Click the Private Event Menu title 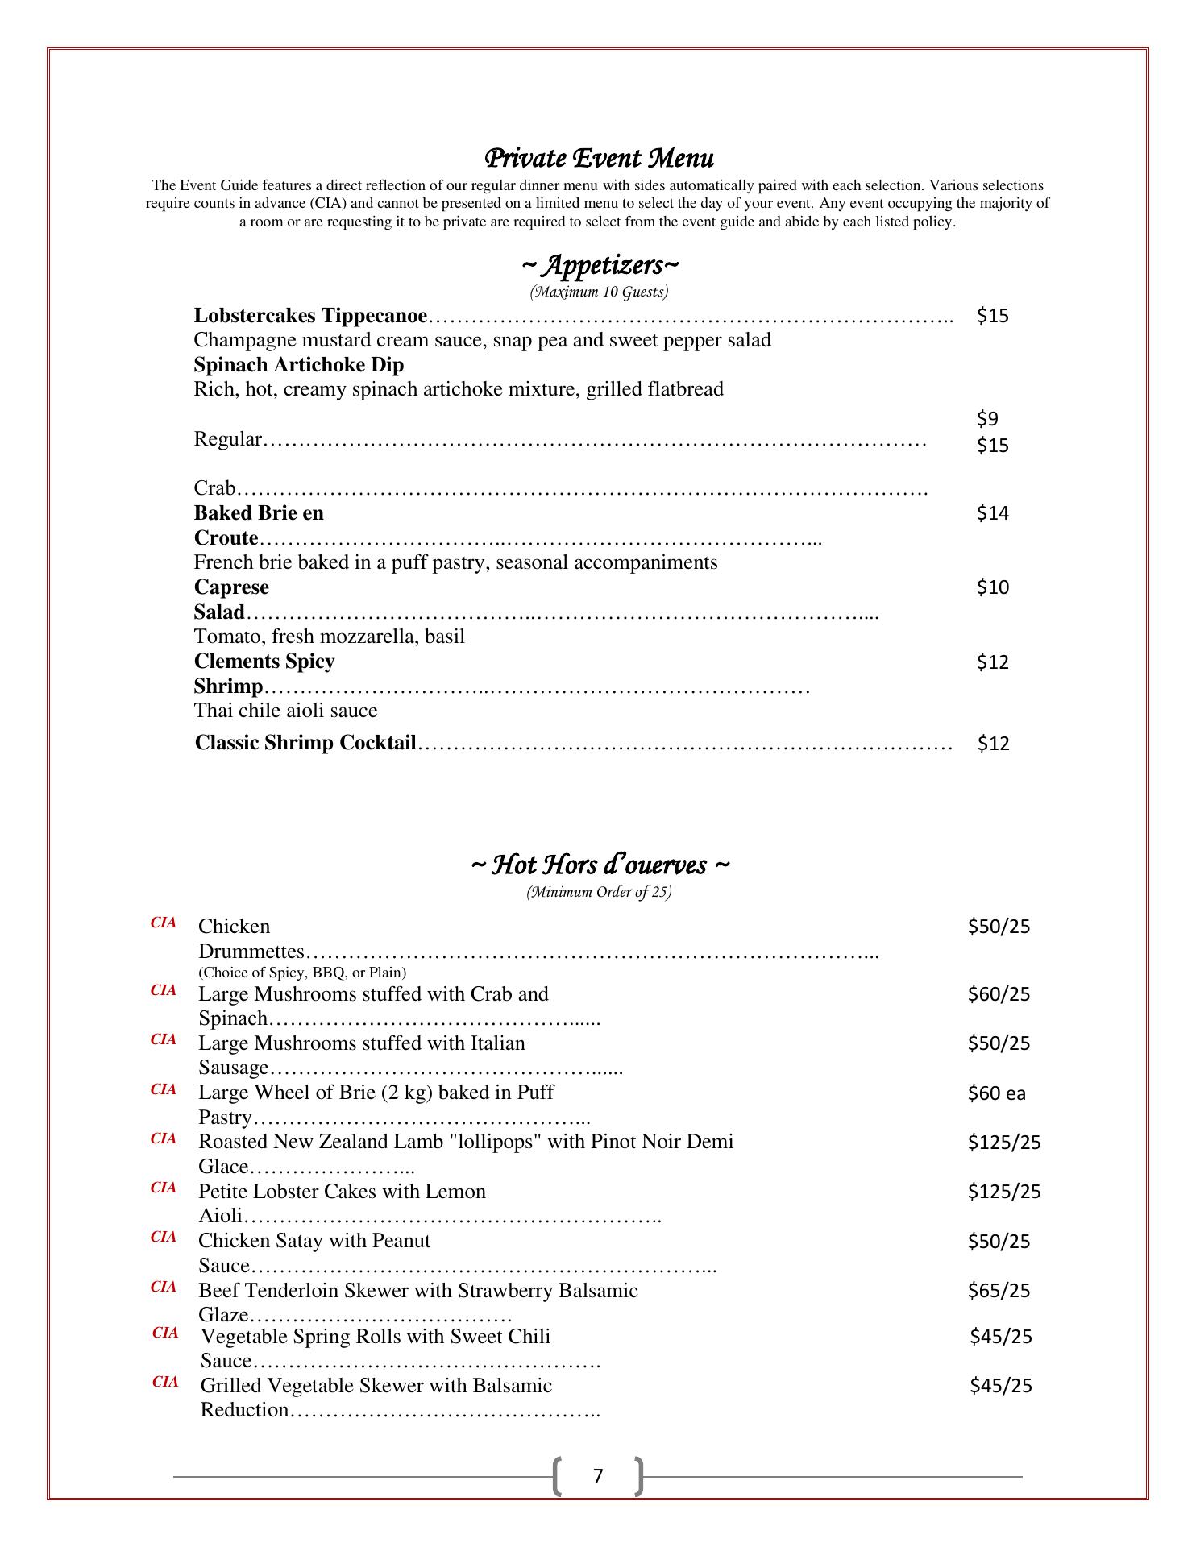click(x=598, y=158)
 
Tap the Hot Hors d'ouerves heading click(x=600, y=865)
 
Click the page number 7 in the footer click(x=598, y=1475)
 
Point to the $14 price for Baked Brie click(x=992, y=513)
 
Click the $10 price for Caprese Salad click(x=992, y=587)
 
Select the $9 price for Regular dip click(x=987, y=418)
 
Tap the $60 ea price click(x=996, y=1093)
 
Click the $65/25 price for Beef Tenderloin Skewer click(x=999, y=1291)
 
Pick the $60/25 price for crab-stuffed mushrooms click(x=999, y=994)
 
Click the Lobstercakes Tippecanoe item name click(x=310, y=315)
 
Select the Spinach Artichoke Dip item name click(x=299, y=365)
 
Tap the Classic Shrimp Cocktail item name click(x=305, y=743)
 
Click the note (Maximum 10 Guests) click(x=599, y=292)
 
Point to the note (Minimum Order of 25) click(x=599, y=892)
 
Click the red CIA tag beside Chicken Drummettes click(x=164, y=923)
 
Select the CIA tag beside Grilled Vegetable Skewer click(x=165, y=1383)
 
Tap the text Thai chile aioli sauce click(x=285, y=711)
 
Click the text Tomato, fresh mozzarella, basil click(x=329, y=637)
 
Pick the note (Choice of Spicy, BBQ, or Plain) click(x=302, y=973)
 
